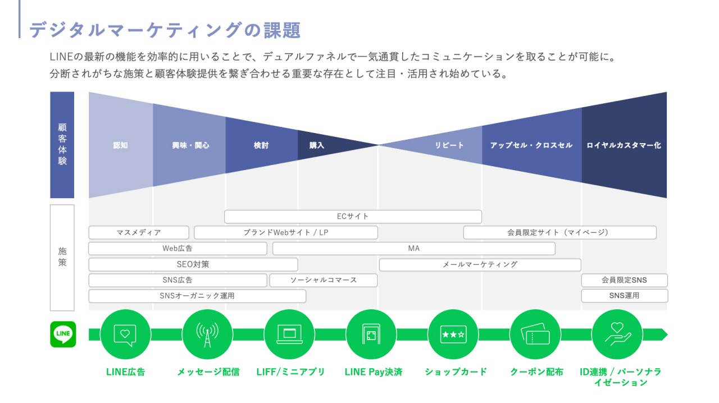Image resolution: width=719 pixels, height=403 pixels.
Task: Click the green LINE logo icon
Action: [x=63, y=335]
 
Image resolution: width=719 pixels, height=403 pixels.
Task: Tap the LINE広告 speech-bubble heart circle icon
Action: [x=125, y=335]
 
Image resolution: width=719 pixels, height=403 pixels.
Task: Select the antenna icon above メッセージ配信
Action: [x=207, y=335]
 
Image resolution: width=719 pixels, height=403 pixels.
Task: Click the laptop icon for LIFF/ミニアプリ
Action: [x=289, y=335]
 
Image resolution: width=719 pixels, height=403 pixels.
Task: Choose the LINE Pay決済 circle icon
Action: [x=371, y=335]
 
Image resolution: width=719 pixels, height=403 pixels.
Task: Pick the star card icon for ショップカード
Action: [x=453, y=335]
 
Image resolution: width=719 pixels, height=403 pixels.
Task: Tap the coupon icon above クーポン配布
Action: [x=535, y=335]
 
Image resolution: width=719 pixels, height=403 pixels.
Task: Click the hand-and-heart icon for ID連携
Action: [x=617, y=335]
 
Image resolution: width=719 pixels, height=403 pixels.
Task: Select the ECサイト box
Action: [x=353, y=217]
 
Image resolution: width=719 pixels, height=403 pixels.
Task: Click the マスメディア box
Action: [x=139, y=232]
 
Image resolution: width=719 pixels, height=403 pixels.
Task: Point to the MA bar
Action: [x=414, y=249]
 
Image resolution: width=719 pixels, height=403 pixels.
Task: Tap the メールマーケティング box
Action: [x=480, y=264]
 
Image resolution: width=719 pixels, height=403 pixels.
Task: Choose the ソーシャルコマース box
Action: [x=324, y=280]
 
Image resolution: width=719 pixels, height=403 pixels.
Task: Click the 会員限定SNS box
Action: [x=624, y=280]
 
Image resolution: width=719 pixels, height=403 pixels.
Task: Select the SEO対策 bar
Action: [x=193, y=264]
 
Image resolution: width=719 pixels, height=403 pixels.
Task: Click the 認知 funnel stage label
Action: [x=121, y=145]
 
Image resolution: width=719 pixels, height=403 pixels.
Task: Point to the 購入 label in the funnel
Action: [x=317, y=145]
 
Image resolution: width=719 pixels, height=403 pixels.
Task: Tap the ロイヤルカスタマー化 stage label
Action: [x=624, y=145]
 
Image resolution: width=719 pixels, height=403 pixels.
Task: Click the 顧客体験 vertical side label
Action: [x=62, y=145]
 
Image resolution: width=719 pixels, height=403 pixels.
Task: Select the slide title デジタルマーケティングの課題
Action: [x=165, y=30]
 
